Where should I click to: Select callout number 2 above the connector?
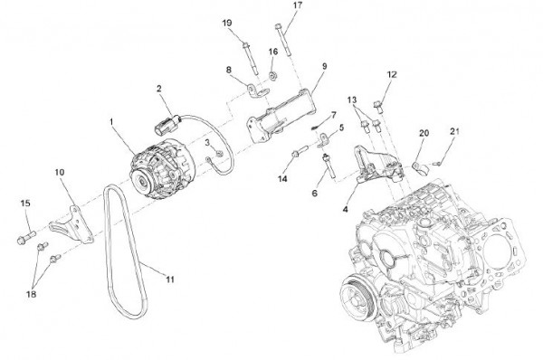158,88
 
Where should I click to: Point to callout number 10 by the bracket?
60,171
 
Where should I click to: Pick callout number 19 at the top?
226,22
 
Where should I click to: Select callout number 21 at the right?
454,132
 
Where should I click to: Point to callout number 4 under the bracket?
347,210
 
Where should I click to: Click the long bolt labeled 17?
284,40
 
